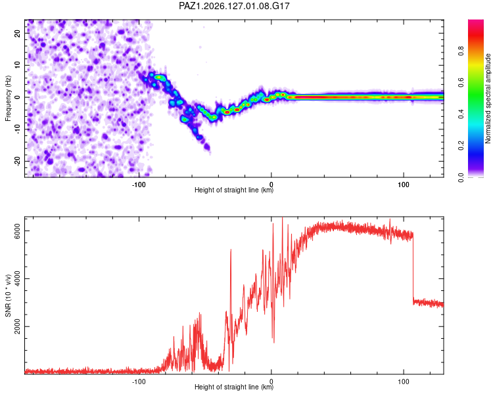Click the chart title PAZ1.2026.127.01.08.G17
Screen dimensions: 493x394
(x=234, y=6)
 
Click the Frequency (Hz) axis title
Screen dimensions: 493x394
(x=8, y=98)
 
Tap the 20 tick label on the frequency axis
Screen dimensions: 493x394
(x=17, y=33)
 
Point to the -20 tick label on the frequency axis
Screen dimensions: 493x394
(x=17, y=162)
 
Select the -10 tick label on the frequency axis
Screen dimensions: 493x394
(x=17, y=129)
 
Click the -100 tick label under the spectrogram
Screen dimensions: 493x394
(x=139, y=185)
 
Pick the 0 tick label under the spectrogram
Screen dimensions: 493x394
(x=271, y=185)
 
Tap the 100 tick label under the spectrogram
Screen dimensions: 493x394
(x=404, y=185)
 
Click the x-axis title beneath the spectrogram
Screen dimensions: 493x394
(x=234, y=190)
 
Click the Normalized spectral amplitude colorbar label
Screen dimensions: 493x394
(x=488, y=98)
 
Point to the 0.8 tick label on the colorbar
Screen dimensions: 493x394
(x=461, y=51)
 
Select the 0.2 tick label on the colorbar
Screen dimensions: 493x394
(x=461, y=146)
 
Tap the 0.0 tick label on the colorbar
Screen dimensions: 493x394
(x=461, y=177)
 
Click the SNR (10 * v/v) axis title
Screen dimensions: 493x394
(x=8, y=295)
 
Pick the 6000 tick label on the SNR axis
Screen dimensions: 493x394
(x=17, y=231)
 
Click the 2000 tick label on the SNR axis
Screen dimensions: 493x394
(x=17, y=327)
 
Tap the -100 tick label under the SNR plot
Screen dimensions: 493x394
(x=139, y=382)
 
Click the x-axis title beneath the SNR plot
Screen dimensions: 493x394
(x=234, y=387)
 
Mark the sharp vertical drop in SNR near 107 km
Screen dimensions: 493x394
(x=413, y=267)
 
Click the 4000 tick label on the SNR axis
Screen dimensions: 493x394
(x=17, y=278)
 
